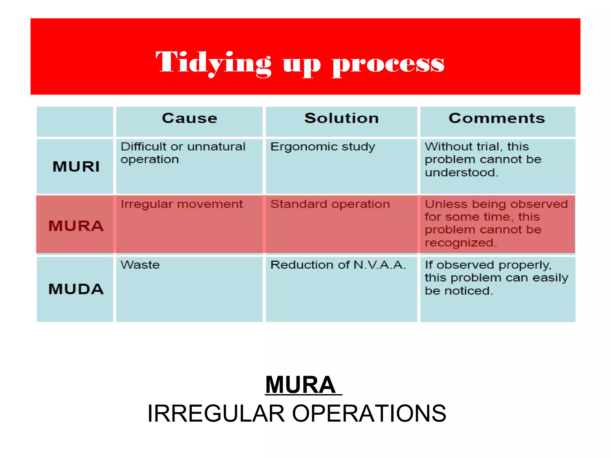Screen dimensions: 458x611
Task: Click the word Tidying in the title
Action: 213,63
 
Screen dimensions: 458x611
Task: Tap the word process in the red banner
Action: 388,64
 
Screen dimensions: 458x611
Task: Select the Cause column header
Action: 189,118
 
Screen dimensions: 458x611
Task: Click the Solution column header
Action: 341,118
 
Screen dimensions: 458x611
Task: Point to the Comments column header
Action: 497,118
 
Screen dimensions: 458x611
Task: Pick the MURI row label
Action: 76,166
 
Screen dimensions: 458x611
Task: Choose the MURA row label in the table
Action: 76,226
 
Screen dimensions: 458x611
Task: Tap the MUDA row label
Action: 76,289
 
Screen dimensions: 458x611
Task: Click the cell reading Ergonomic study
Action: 323,147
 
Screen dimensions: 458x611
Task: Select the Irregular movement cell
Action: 181,204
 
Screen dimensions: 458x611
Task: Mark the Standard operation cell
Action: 330,204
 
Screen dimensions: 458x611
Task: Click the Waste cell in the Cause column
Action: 140,265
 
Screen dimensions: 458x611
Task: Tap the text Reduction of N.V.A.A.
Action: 338,265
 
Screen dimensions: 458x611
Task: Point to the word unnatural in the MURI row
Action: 216,147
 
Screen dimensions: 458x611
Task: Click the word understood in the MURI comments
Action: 461,173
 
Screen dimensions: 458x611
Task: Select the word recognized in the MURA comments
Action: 460,243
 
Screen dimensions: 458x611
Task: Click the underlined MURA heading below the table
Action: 301,385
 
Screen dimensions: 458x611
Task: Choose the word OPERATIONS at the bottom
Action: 369,414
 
